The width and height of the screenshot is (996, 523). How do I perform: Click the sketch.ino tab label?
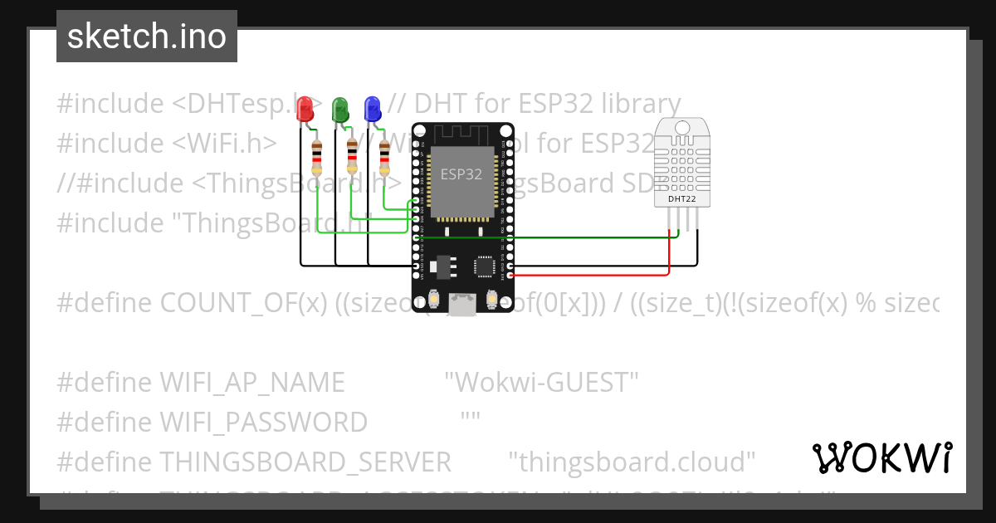click(x=146, y=37)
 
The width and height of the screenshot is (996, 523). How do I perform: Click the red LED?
click(x=305, y=109)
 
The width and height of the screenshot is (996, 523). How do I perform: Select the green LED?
click(x=339, y=109)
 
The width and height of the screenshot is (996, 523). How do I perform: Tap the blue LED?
click(x=373, y=109)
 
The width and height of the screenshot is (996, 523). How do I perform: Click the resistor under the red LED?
click(x=317, y=156)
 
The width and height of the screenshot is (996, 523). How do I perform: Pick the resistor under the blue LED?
click(x=384, y=156)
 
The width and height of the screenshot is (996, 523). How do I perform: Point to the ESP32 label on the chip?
click(x=461, y=174)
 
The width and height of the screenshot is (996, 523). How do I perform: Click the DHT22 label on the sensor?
click(x=682, y=198)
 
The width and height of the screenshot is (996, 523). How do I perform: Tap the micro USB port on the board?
click(x=461, y=305)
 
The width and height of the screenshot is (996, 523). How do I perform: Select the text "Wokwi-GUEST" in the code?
click(x=541, y=383)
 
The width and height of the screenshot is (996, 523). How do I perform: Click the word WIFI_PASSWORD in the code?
click(x=263, y=423)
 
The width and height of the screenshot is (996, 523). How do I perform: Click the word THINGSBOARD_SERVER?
click(x=305, y=462)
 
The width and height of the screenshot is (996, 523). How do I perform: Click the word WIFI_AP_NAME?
click(x=251, y=383)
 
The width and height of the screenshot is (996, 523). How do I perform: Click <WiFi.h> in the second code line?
click(x=225, y=144)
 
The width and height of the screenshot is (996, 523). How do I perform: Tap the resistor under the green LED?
click(x=353, y=156)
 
